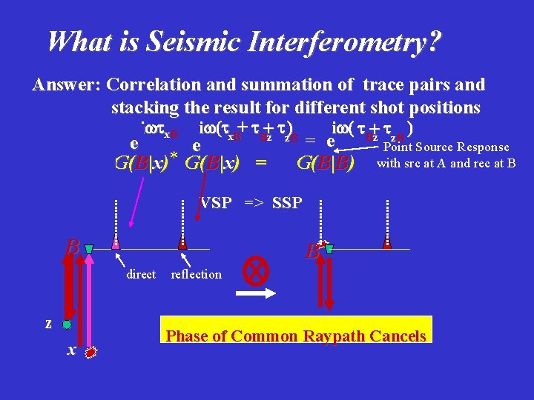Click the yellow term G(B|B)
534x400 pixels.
[x=324, y=162]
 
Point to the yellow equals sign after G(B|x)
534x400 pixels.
[x=260, y=162]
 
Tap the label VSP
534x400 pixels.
[x=217, y=203]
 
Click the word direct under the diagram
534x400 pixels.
[x=141, y=274]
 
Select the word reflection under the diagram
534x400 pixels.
[x=196, y=274]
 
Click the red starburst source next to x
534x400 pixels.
[x=91, y=353]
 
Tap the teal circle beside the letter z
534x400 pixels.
[x=67, y=324]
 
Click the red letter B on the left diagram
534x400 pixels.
[x=73, y=245]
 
